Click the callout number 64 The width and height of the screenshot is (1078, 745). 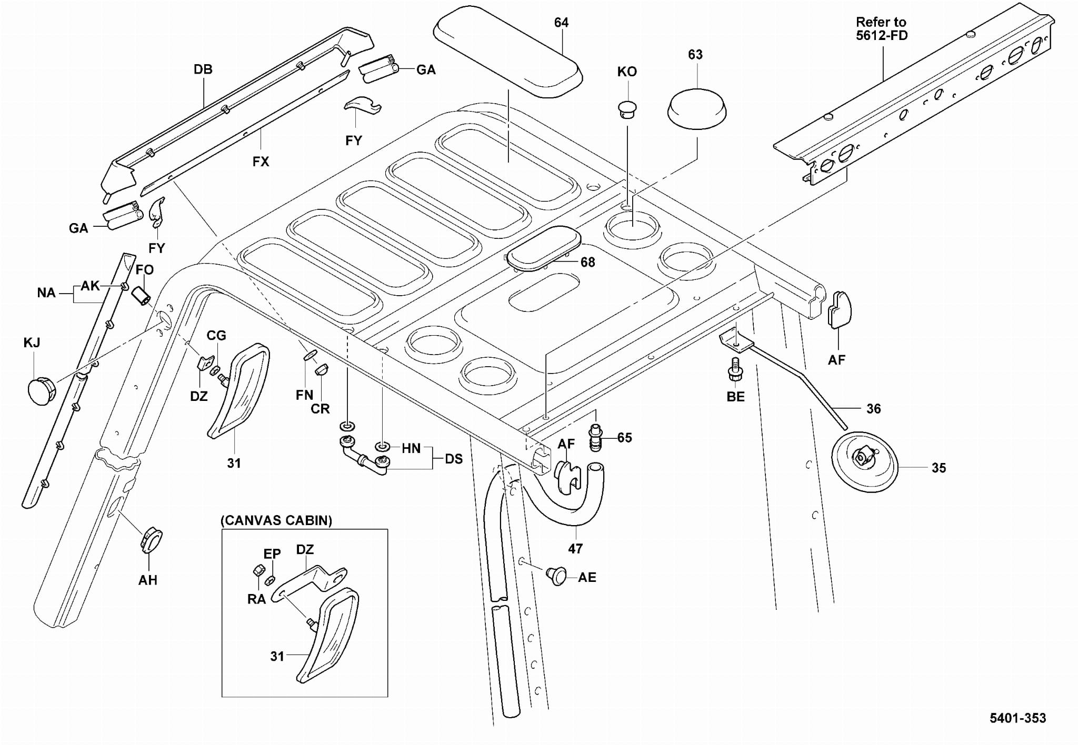point(561,23)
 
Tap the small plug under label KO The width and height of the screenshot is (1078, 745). point(627,109)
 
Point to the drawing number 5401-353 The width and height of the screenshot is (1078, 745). point(1017,718)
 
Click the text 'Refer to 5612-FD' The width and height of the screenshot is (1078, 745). point(881,29)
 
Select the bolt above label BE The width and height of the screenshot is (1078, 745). point(735,369)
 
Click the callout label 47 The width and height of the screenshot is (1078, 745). point(575,549)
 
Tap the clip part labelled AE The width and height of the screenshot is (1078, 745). point(556,575)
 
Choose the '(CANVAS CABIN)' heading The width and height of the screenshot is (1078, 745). point(276,520)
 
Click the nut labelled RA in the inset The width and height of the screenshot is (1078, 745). point(258,570)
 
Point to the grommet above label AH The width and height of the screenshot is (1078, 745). point(152,539)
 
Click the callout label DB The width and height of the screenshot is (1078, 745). point(203,69)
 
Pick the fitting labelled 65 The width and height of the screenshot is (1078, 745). point(595,438)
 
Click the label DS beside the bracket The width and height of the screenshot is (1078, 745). point(453,459)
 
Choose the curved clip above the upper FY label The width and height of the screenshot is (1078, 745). point(362,105)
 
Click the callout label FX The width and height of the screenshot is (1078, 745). point(261,162)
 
